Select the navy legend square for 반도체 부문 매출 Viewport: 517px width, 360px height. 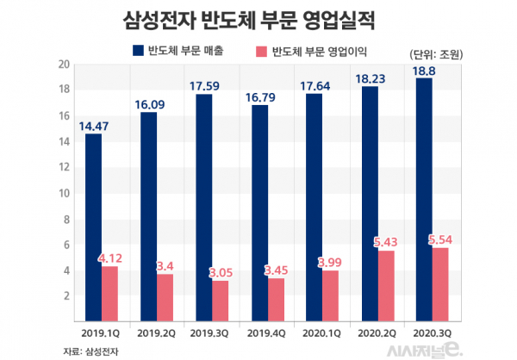pos(138,52)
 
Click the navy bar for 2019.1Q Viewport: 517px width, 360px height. pos(93,226)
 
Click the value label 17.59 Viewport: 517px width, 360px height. pos(205,84)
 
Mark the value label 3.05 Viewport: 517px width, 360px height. pos(221,272)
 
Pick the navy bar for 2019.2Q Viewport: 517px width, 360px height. pos(149,215)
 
